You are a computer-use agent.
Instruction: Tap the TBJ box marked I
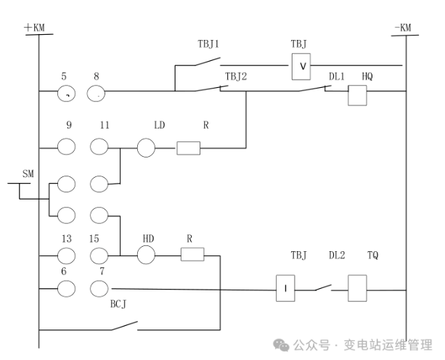286,288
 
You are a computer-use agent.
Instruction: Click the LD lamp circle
147,148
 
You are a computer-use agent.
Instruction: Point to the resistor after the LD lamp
189,148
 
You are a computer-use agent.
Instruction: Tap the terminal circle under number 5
67,92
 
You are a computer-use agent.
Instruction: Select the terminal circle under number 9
67,147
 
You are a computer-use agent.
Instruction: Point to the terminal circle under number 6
67,288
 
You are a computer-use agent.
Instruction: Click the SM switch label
28,174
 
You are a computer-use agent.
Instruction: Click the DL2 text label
337,255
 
